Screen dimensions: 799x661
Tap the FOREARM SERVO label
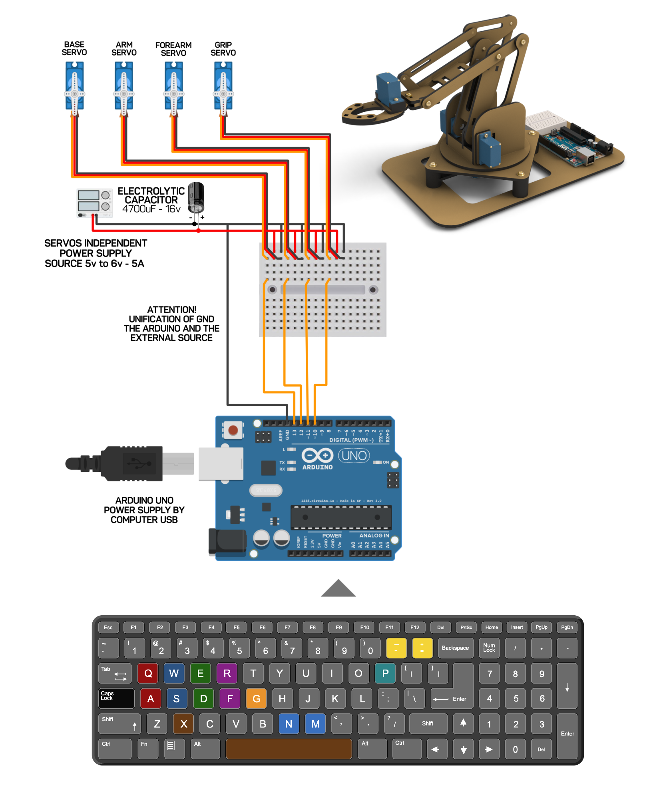click(173, 49)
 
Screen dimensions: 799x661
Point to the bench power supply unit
click(94, 203)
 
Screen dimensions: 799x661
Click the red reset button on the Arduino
click(233, 430)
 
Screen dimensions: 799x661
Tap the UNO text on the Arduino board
click(354, 455)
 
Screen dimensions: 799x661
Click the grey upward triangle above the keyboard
click(338, 588)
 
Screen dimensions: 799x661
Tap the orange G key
click(256, 698)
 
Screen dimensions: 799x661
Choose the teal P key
click(385, 673)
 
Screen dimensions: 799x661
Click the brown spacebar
click(289, 748)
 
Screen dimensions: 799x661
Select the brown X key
click(183, 723)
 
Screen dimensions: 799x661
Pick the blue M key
click(315, 723)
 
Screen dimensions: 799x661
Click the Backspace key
click(455, 648)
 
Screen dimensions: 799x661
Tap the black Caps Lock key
click(116, 698)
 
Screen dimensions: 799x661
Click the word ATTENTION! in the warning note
click(171, 310)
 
